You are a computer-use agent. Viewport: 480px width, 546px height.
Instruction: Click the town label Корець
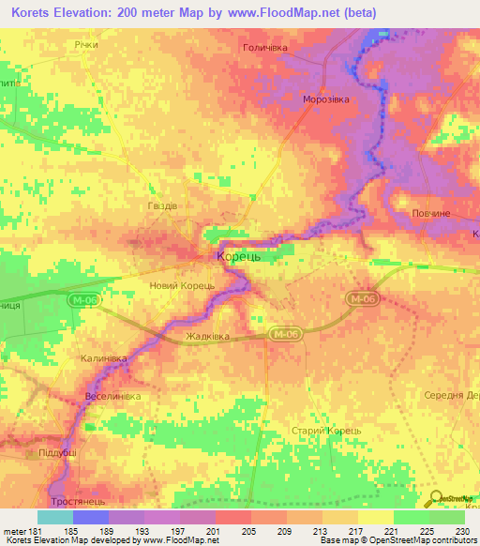(x=244, y=255)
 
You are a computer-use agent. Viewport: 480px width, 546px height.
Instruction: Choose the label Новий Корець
(x=182, y=285)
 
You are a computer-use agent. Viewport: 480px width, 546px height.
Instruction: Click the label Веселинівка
(x=112, y=396)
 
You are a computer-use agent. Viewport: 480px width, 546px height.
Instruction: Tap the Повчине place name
(x=433, y=214)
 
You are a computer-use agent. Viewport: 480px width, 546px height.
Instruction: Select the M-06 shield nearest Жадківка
(x=285, y=334)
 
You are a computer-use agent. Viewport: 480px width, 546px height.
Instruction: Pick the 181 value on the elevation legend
(x=27, y=530)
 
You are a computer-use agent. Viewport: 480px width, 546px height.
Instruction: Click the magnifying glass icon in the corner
(x=437, y=500)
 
